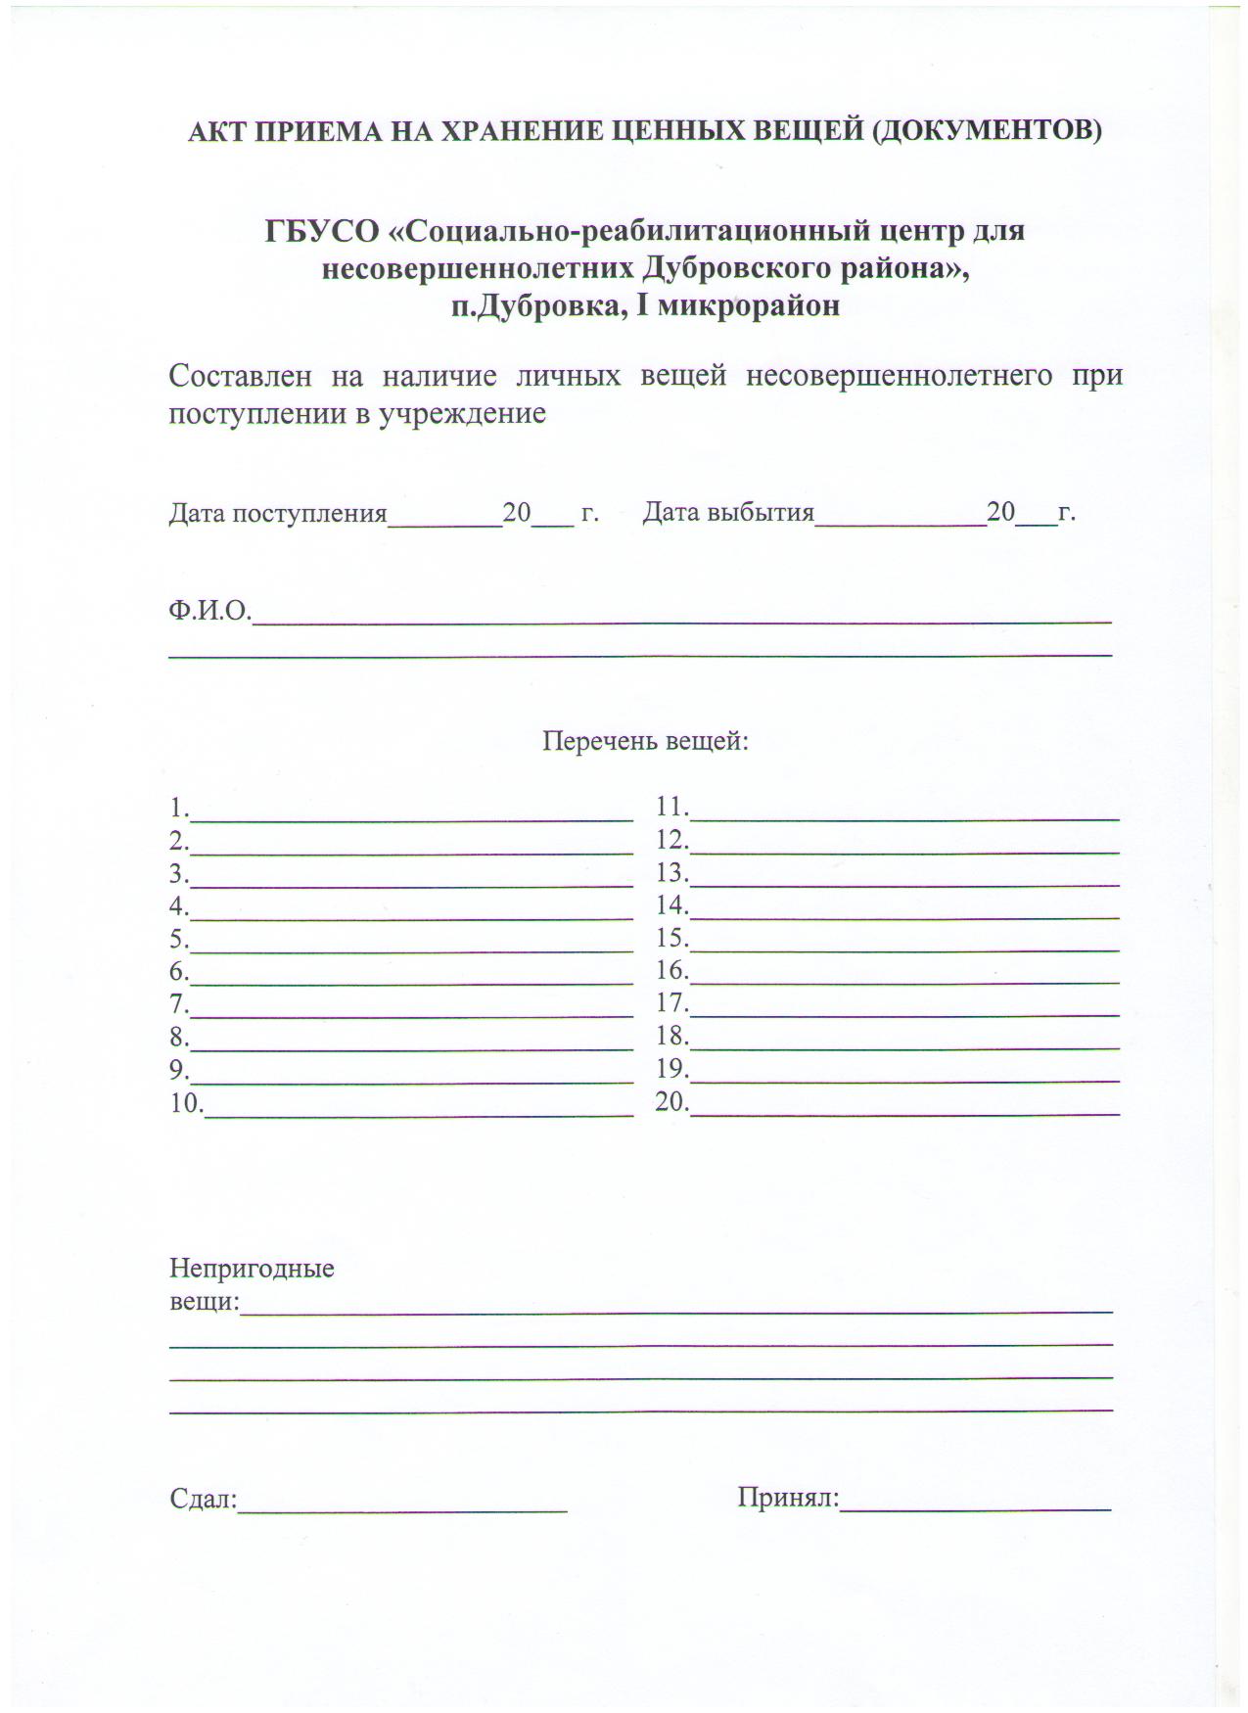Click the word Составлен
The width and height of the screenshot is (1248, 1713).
[240, 376]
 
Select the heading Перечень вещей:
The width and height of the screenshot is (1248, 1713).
[645, 741]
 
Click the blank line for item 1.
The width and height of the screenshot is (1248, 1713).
[411, 816]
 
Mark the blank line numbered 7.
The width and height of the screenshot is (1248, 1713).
[411, 1013]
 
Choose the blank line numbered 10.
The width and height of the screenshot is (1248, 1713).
[419, 1112]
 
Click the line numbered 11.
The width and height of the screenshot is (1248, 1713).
[904, 815]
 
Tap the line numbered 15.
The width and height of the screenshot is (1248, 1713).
[904, 947]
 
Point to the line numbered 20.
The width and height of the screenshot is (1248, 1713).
[904, 1111]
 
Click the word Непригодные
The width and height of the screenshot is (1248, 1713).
[252, 1270]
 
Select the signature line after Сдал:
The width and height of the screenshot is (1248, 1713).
[403, 1509]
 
